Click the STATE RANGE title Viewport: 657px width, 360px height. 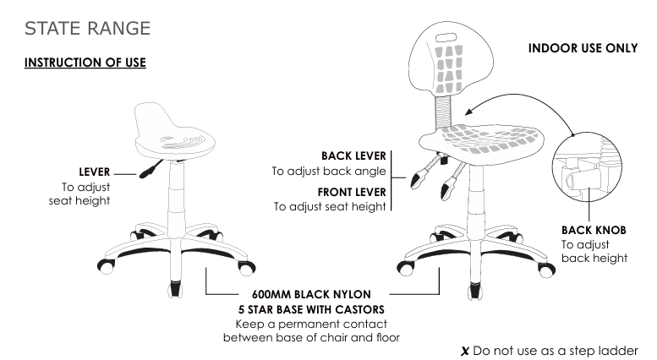coord(88,28)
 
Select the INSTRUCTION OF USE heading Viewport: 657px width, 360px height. coord(85,64)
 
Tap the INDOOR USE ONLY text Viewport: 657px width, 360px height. coord(583,48)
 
